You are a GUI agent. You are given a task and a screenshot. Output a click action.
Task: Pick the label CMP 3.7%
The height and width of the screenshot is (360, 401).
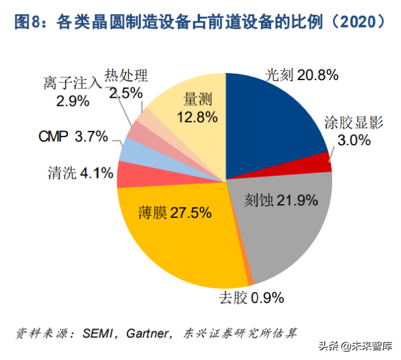coord(73,136)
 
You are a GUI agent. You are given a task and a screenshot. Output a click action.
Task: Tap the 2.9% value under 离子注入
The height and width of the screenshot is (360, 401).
coord(73,100)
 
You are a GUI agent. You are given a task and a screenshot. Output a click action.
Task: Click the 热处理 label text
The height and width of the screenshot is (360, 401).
coord(126,76)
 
